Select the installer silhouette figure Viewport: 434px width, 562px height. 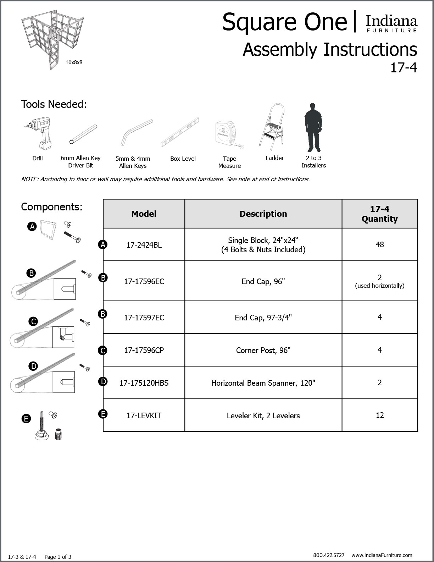[x=312, y=127]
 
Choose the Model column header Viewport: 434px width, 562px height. [x=144, y=214]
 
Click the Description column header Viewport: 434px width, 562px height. [x=263, y=214]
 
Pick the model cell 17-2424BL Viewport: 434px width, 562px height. [x=144, y=245]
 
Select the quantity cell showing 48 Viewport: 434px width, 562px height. [x=379, y=244]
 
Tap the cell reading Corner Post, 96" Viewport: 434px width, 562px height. [x=263, y=350]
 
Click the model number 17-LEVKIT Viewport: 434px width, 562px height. [x=144, y=415]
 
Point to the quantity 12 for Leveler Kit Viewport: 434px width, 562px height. [x=379, y=415]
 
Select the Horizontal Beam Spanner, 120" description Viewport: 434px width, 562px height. [x=263, y=383]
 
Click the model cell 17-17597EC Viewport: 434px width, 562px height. [x=144, y=318]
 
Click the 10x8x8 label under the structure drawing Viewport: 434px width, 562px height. [x=74, y=62]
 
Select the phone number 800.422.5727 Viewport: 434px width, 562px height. [x=329, y=555]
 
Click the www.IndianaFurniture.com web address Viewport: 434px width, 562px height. [x=382, y=555]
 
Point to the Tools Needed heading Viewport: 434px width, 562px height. [x=54, y=104]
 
